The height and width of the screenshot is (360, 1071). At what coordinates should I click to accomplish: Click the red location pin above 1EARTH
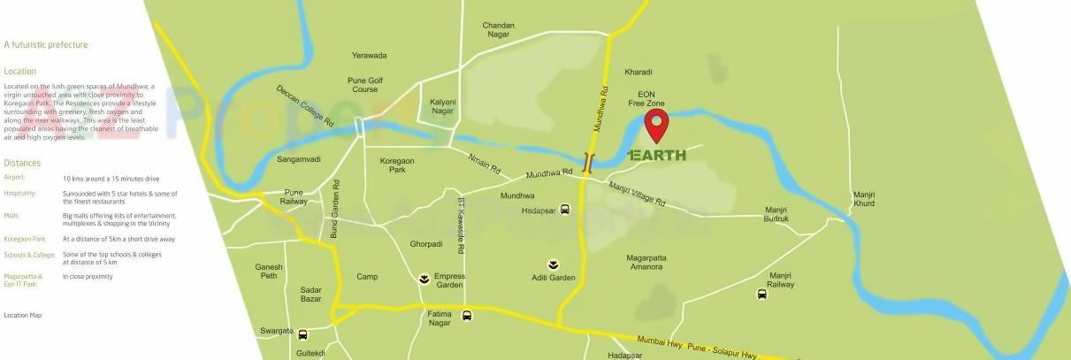[x=656, y=125]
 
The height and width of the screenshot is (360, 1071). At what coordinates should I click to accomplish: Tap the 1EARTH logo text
[x=656, y=155]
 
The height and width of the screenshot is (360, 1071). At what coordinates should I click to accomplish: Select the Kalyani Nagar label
[x=442, y=107]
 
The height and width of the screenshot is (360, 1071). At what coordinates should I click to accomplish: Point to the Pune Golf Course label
[x=363, y=84]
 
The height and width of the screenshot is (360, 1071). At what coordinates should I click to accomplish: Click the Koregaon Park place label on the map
[x=397, y=165]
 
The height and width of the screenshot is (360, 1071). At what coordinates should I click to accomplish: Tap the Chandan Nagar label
[x=498, y=31]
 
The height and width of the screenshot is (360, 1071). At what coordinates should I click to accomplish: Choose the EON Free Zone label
[x=646, y=98]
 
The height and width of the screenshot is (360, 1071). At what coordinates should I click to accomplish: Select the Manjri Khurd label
[x=863, y=199]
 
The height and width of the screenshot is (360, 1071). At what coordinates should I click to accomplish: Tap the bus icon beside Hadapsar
[x=565, y=210]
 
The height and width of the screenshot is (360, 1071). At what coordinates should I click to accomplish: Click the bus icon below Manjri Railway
[x=762, y=294]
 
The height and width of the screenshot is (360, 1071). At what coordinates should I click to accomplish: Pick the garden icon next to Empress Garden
[x=425, y=280]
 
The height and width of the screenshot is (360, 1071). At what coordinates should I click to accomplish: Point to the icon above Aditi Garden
[x=554, y=264]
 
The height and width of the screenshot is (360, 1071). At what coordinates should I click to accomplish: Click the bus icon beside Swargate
[x=303, y=334]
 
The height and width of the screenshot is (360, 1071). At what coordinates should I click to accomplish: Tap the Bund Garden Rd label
[x=335, y=209]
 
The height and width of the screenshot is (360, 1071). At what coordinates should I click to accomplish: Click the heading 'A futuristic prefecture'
[x=46, y=44]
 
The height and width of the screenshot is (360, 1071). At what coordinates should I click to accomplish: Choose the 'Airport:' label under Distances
[x=15, y=177]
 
